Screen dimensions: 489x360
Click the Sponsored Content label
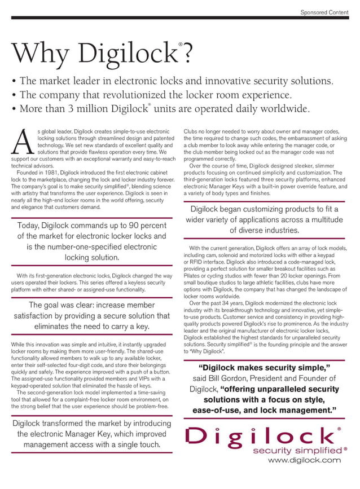point(324,11)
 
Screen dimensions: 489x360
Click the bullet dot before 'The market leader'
point(13,81)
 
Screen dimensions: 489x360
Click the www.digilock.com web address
point(304,460)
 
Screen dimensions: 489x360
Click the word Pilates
point(193,277)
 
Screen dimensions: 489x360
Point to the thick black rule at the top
point(180,18)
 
